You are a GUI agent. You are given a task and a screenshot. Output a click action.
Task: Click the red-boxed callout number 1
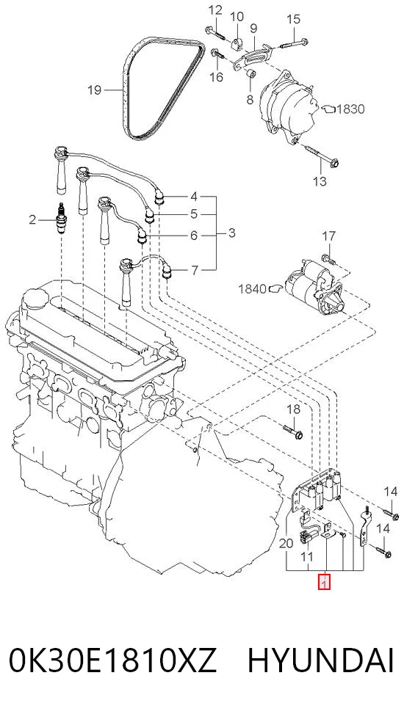[x=324, y=583]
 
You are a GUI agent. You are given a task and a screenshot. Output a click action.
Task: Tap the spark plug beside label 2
[x=61, y=221]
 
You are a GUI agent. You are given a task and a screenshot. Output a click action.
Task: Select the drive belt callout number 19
[x=94, y=90]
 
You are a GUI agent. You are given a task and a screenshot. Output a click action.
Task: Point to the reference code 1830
[x=350, y=109]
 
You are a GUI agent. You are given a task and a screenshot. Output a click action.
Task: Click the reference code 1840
[x=252, y=288]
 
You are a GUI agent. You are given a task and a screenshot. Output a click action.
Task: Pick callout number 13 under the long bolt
[x=320, y=181]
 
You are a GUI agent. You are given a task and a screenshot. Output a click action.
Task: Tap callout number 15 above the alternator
[x=294, y=19]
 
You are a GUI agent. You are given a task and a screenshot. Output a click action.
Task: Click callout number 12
[x=215, y=10]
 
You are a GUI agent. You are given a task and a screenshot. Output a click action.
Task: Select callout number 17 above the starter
[x=329, y=236]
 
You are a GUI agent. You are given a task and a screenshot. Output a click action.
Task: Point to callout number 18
[x=294, y=409]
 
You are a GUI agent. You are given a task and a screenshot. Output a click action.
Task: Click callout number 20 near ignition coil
[x=286, y=543]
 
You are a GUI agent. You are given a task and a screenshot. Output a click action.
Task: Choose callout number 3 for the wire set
[x=231, y=233]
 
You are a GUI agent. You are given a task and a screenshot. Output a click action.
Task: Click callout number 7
[x=195, y=271]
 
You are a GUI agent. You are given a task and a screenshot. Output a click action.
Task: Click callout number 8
[x=250, y=99]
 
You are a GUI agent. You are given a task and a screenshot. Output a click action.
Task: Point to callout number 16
[x=217, y=76]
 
